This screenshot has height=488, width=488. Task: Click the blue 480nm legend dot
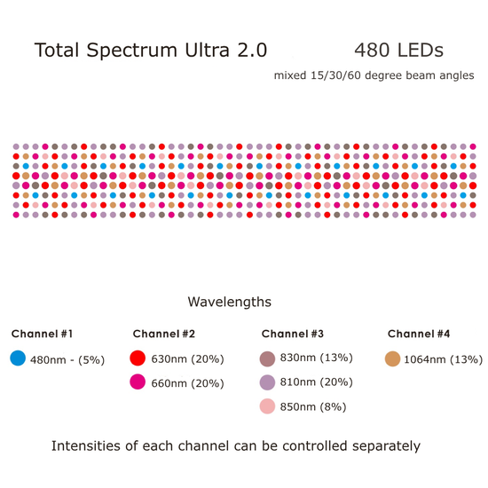(18, 358)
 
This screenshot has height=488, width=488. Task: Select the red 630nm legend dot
(138, 358)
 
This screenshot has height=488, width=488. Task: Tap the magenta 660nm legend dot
(138, 382)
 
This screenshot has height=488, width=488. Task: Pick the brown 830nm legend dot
(268, 358)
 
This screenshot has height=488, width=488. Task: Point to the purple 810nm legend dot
(268, 382)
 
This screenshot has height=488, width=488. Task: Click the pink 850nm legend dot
(268, 406)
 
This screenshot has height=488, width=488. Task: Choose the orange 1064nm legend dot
(391, 358)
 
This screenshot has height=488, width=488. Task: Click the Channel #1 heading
(42, 334)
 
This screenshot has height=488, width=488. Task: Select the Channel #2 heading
(163, 334)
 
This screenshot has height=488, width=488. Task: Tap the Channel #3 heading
(292, 334)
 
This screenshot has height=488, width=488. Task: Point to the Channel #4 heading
(419, 334)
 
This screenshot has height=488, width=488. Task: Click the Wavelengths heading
(229, 303)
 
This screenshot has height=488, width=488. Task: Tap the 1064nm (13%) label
(443, 359)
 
